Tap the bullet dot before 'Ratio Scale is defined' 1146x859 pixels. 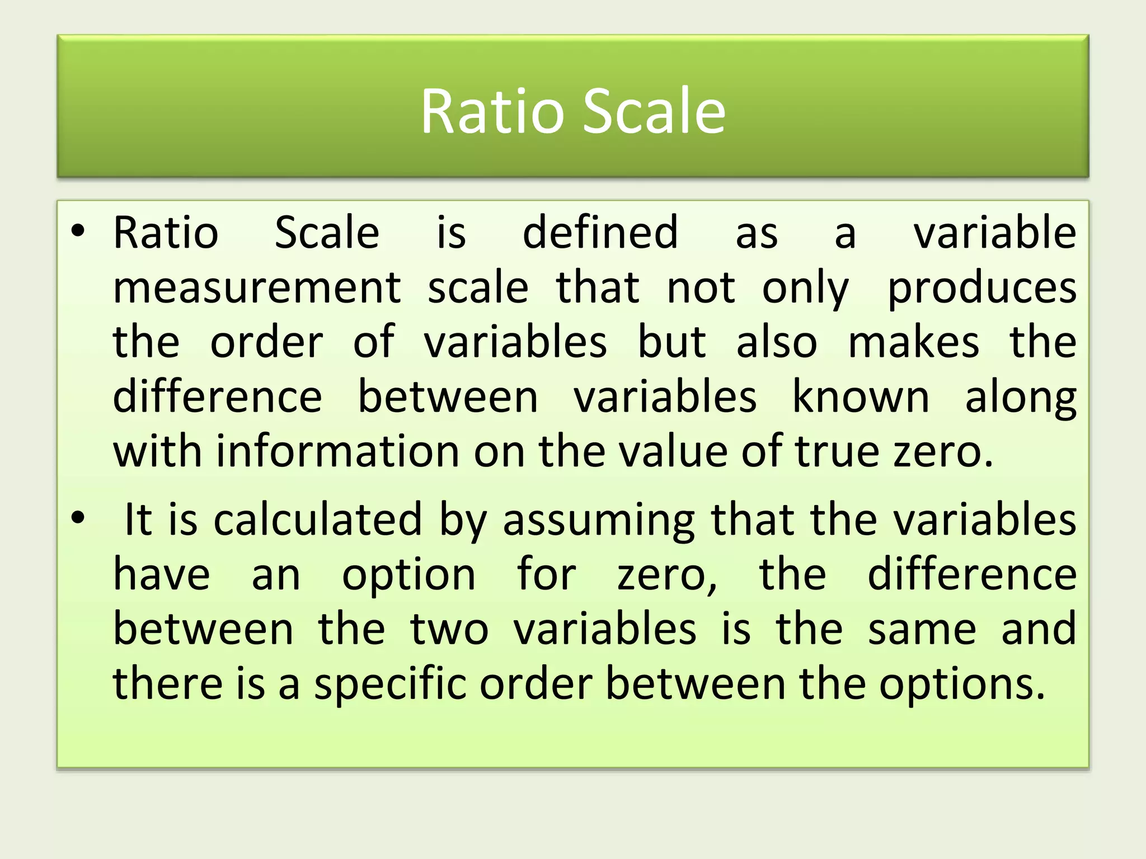tap(78, 230)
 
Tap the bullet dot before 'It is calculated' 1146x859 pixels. tap(78, 517)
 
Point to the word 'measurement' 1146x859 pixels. tap(257, 287)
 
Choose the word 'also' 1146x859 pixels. tap(776, 342)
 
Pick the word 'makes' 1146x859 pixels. tap(913, 342)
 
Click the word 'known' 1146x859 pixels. tap(861, 397)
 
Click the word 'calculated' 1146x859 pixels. tap(317, 520)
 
